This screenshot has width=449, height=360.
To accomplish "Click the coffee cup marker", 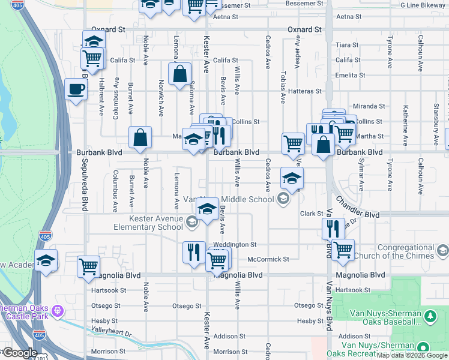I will click(x=76, y=89).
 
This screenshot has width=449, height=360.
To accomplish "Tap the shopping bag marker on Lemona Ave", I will click(x=180, y=74).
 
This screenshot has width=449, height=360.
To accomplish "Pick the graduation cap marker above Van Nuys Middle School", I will click(x=292, y=178).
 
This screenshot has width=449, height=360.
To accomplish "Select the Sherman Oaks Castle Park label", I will click(x=24, y=311).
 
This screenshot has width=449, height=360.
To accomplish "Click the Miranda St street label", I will click(x=369, y=106).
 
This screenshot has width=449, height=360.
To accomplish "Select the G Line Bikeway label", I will click(x=423, y=4).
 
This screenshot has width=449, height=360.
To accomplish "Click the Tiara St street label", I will click(x=347, y=45).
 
